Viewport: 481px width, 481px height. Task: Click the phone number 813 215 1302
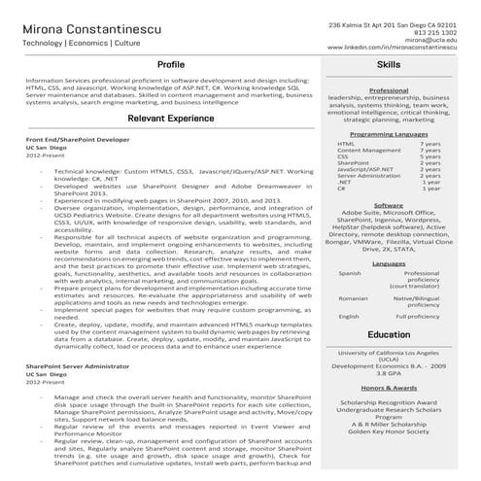pos(434,31)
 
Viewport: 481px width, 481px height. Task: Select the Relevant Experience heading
pos(171,118)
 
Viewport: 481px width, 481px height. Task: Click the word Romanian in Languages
pos(353,298)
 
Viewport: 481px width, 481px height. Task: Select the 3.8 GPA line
pos(389,373)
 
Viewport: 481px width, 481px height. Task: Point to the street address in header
pos(392,22)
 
